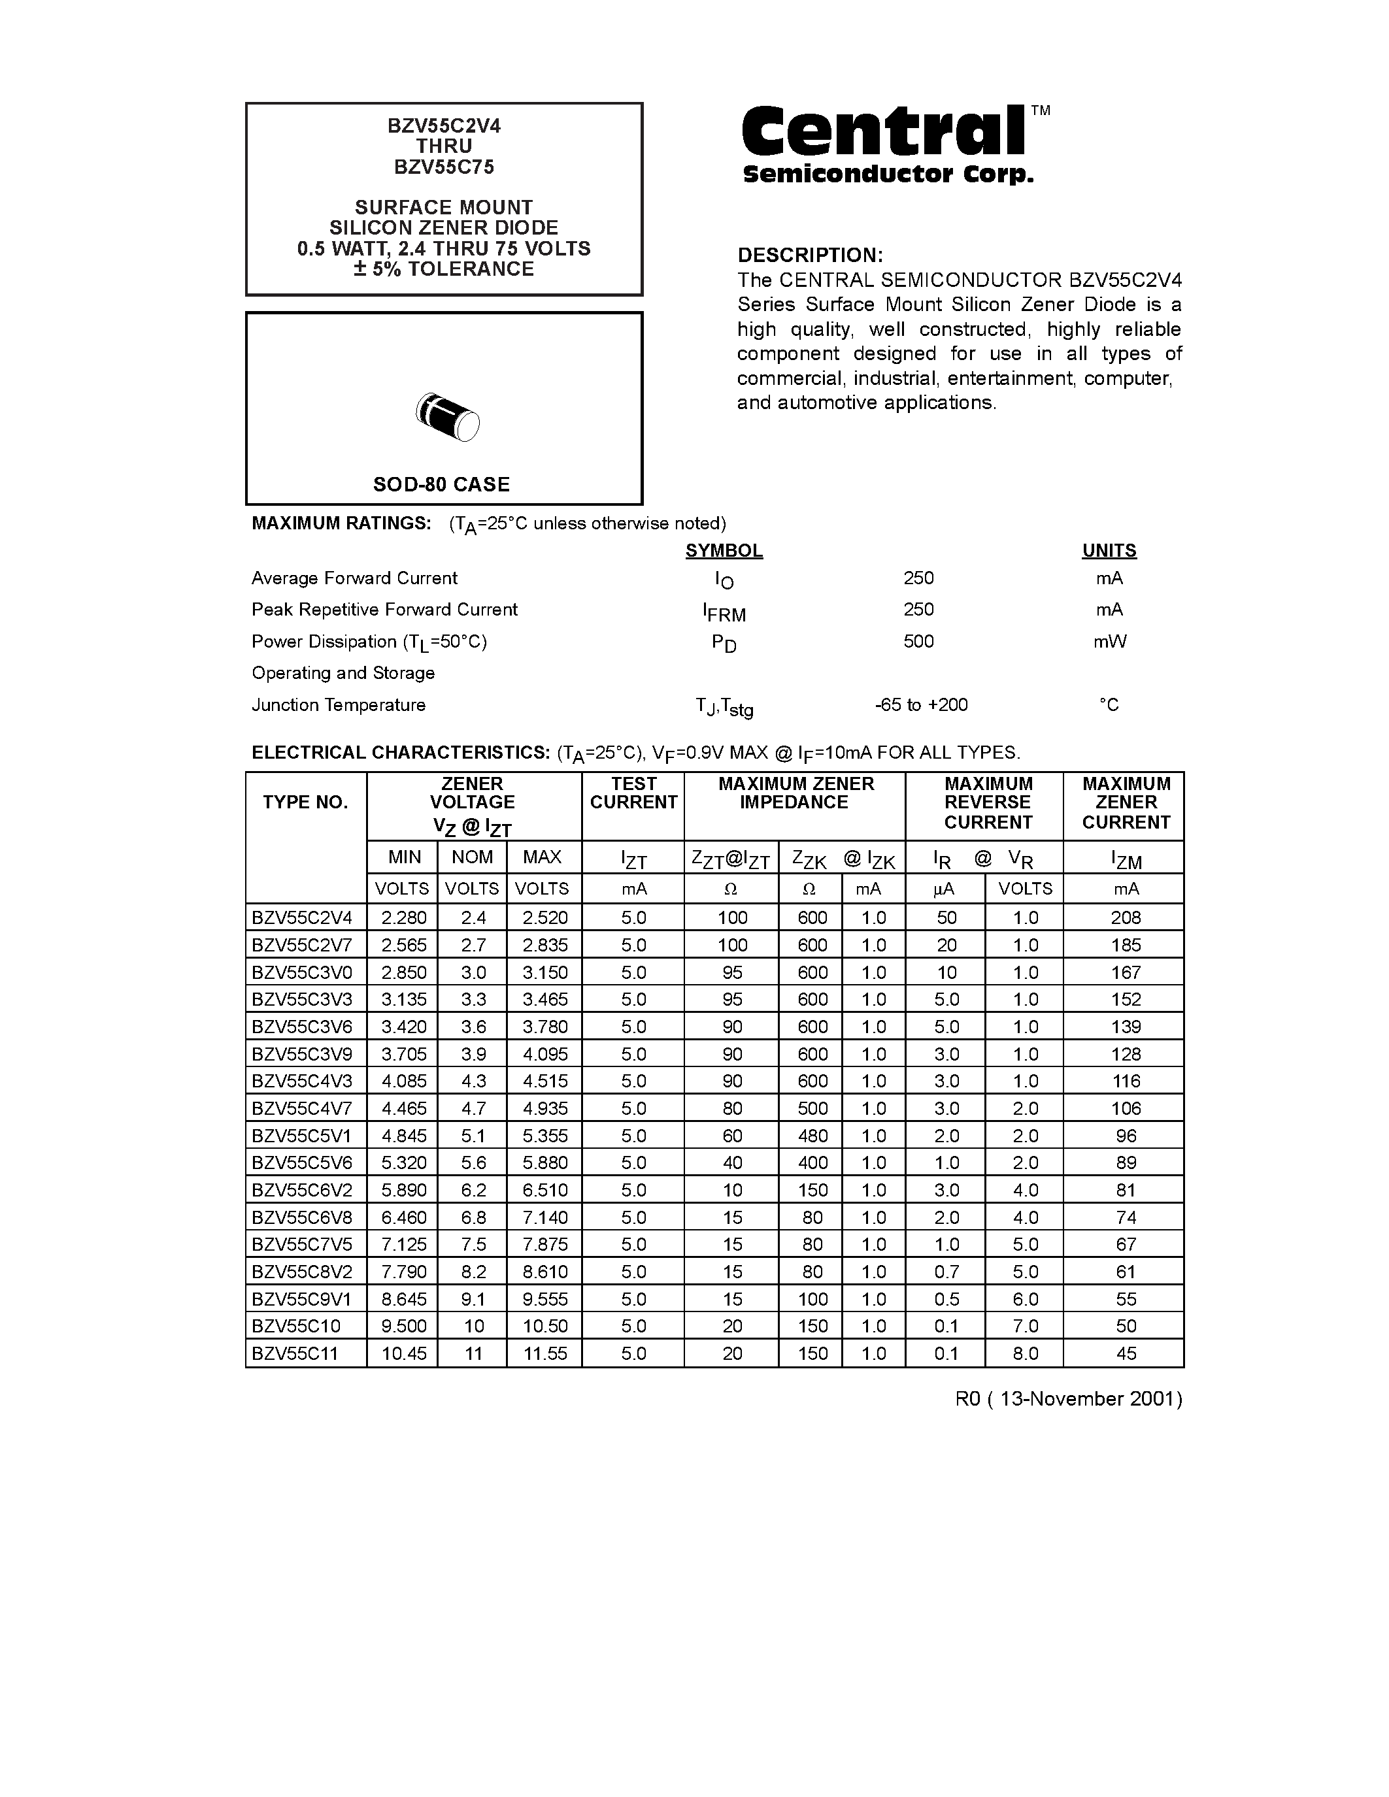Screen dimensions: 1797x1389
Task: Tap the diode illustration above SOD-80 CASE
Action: (448, 417)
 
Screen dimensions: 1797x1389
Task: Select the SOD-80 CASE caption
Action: (442, 484)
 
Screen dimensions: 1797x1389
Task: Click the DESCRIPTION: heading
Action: (810, 255)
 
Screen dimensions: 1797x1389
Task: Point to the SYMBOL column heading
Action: (724, 550)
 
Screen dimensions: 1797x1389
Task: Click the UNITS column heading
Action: (1109, 550)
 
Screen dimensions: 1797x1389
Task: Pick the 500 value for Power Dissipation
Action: (918, 641)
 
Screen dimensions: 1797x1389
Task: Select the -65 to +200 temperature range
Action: (921, 704)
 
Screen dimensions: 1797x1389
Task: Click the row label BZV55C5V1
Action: (301, 1136)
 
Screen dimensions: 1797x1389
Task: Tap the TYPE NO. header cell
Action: (305, 802)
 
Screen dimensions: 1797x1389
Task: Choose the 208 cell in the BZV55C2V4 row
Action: (1126, 917)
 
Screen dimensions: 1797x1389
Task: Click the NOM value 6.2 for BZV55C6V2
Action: (473, 1190)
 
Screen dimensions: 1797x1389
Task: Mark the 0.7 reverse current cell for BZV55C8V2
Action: (946, 1271)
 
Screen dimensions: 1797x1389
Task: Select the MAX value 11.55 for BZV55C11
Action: (544, 1353)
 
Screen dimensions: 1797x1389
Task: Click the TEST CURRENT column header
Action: (633, 793)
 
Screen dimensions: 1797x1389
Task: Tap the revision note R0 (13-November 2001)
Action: (1068, 1399)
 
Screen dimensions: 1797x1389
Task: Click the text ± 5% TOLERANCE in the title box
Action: (444, 269)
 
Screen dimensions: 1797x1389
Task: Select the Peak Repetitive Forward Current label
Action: (384, 610)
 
